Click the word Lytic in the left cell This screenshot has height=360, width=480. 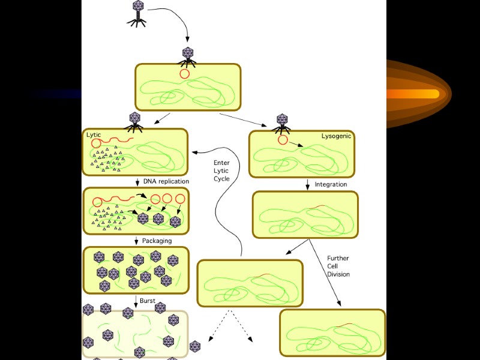94,135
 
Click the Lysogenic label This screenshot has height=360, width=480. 337,136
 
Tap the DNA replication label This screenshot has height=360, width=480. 166,181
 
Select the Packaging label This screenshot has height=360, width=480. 157,241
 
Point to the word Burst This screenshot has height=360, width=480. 148,300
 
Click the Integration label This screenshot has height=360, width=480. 331,184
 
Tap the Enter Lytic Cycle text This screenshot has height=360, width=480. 221,170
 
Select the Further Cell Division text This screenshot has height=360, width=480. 338,266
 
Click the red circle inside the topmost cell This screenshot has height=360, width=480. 184,74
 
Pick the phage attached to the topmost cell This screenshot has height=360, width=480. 188,55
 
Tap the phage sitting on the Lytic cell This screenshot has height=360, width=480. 134,120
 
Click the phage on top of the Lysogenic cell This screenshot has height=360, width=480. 281,122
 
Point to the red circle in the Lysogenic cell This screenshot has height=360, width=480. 283,140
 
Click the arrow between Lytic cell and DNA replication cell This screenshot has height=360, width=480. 137,181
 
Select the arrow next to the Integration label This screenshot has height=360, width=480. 308,184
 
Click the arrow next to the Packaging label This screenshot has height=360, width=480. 137,241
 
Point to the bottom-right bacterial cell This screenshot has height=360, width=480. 332,332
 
